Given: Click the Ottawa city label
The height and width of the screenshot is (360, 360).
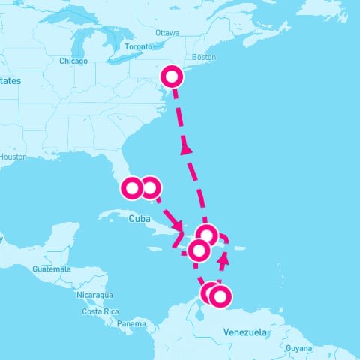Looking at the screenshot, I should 167,33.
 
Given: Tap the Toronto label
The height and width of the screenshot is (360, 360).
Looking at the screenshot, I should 138,46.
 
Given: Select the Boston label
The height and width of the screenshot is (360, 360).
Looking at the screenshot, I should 204,57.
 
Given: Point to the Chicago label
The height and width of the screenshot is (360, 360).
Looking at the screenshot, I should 73,61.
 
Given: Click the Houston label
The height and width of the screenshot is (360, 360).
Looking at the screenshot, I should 13,157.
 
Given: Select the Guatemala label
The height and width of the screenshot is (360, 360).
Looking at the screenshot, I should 52,268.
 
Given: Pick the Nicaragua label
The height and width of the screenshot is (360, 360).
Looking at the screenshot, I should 96,295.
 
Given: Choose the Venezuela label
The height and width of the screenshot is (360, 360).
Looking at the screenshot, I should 245,331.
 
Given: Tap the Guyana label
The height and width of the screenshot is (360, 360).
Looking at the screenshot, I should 298,348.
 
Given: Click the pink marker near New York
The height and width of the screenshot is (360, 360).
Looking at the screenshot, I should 172,76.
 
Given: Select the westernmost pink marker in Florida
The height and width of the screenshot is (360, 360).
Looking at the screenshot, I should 132,187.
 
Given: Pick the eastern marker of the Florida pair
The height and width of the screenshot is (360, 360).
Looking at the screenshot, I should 150,187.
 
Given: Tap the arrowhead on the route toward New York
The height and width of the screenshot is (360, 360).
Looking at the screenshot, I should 187,149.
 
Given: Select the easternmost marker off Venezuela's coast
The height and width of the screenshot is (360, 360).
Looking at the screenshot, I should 219,296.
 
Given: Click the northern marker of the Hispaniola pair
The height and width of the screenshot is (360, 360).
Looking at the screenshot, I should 206,235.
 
